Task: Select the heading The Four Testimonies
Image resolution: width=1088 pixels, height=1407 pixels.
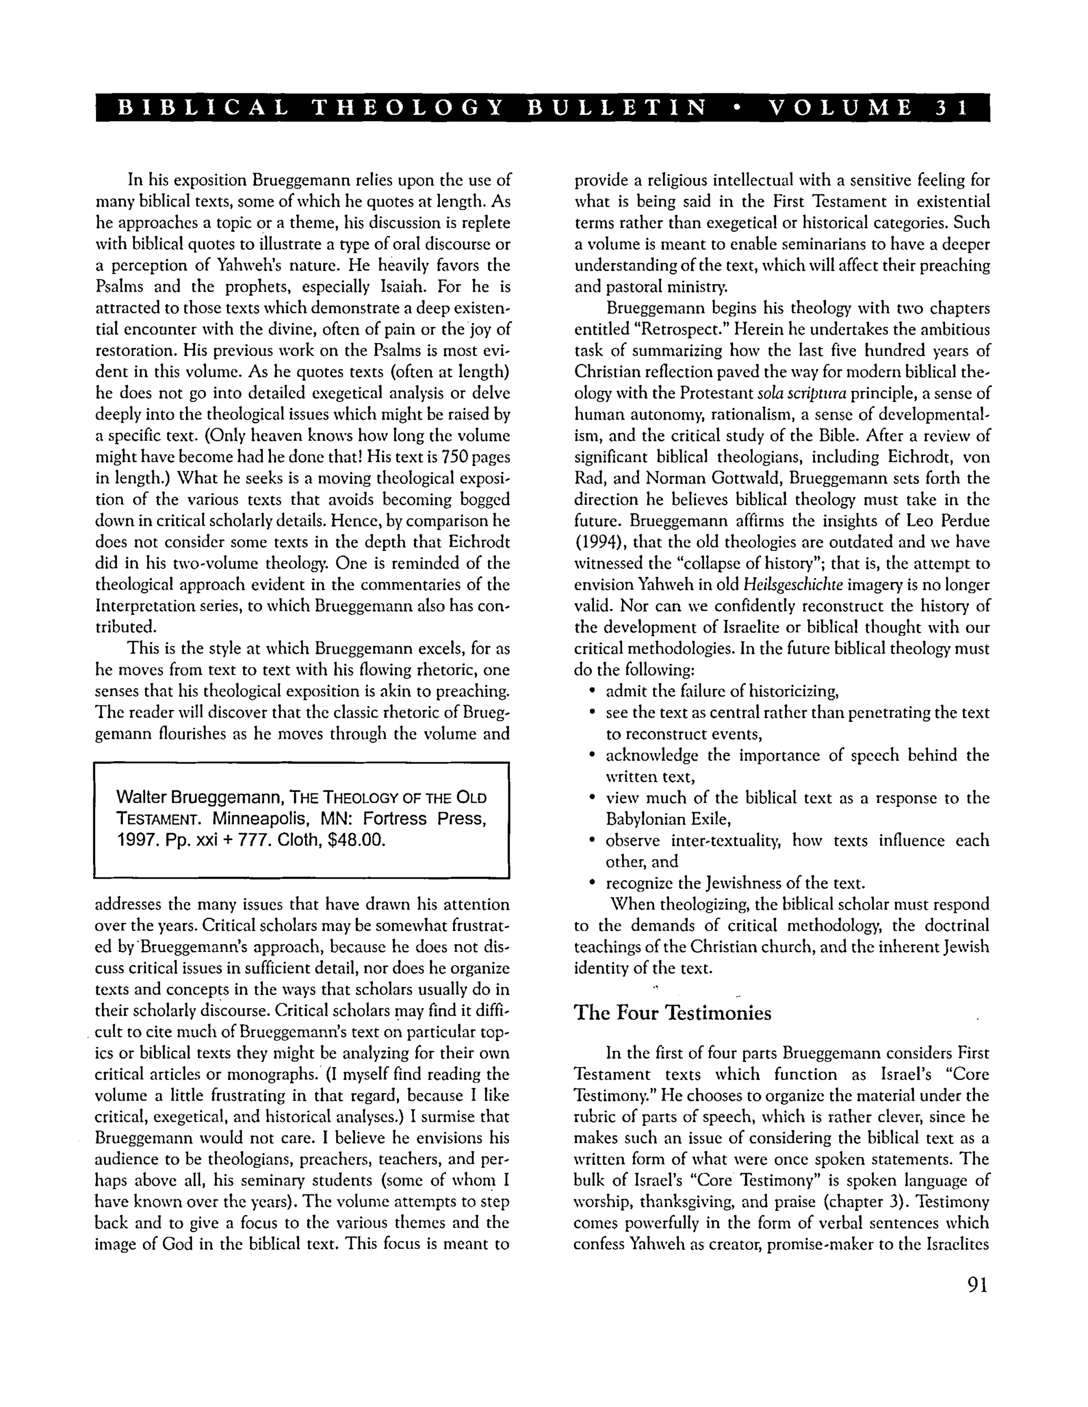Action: pos(672,1013)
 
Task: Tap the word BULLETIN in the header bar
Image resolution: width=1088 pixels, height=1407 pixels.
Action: pos(617,108)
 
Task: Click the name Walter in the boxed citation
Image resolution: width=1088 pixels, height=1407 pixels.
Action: pos(141,798)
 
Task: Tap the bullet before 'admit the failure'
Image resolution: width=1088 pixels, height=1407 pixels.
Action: pos(592,692)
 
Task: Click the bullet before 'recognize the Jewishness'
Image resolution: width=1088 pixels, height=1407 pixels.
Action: pos(592,883)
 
